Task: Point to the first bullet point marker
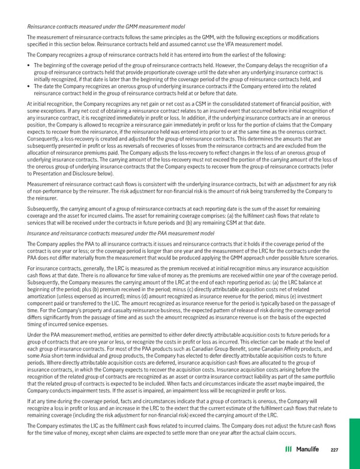click(30, 65)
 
